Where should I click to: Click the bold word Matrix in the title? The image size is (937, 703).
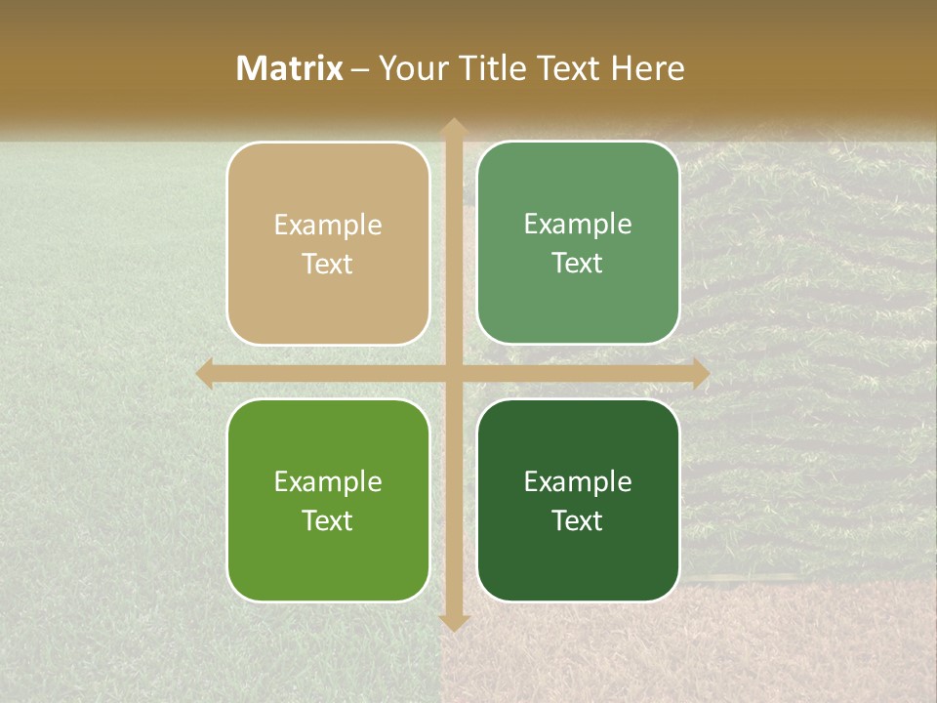(290, 68)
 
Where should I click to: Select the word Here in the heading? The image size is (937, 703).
(648, 68)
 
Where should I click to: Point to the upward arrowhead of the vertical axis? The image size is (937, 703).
(453, 126)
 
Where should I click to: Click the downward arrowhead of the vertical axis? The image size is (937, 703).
(453, 622)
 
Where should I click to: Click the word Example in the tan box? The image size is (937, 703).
(328, 226)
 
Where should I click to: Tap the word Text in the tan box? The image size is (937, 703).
(328, 264)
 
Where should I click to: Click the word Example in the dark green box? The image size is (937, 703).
(578, 481)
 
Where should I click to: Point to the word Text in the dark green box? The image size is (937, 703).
(578, 520)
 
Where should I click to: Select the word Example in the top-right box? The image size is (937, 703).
(578, 225)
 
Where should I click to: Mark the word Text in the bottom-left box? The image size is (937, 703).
(328, 520)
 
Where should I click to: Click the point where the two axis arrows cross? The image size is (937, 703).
(453, 373)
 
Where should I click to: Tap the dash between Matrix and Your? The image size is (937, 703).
(360, 69)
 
